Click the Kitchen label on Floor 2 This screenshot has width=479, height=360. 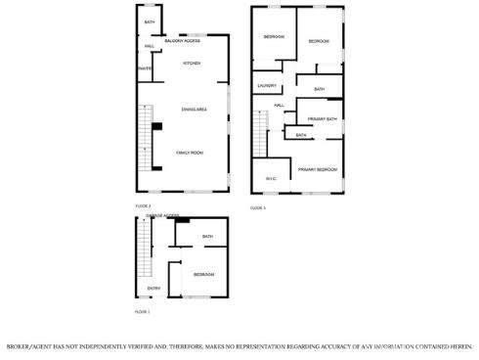(x=192, y=64)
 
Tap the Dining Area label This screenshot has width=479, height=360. (x=194, y=110)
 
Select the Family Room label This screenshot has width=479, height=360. (x=189, y=154)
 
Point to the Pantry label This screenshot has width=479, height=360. (x=144, y=68)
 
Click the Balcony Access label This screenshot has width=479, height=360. (x=183, y=41)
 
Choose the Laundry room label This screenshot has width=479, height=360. (x=267, y=86)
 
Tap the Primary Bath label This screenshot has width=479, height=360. (x=323, y=119)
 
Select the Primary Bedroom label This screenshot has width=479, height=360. (x=318, y=169)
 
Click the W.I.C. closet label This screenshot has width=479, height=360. (x=272, y=178)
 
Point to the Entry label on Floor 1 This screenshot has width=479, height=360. (x=153, y=289)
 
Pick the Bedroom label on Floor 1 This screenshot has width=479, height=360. (x=203, y=274)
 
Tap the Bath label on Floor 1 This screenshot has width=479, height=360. (x=207, y=237)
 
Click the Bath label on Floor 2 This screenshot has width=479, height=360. (x=150, y=22)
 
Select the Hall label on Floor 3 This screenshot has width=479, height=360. (x=279, y=105)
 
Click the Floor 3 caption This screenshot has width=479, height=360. (x=258, y=208)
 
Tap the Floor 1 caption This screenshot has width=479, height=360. (x=142, y=311)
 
